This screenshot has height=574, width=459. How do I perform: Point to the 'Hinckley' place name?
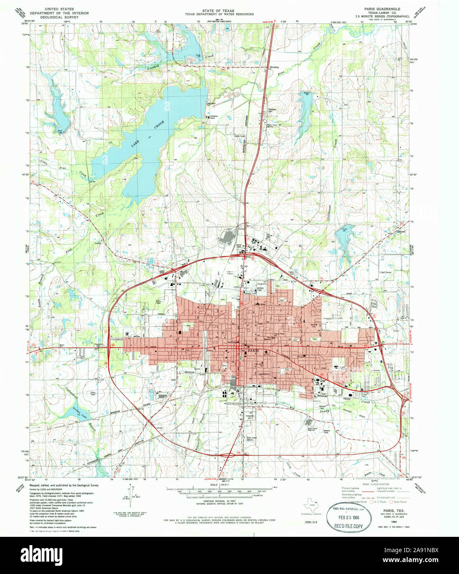tap(274, 67)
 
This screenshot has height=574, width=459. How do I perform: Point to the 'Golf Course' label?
tap(386, 273)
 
